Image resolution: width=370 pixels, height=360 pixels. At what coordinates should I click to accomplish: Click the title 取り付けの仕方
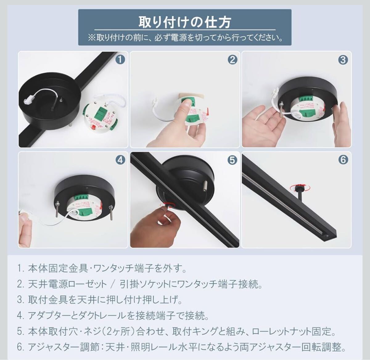(x=185, y=22)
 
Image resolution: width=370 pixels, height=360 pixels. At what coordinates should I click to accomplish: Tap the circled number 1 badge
(x=120, y=60)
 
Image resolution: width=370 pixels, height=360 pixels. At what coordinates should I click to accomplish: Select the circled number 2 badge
(x=232, y=60)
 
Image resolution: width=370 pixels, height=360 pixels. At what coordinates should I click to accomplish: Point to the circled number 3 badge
(x=343, y=60)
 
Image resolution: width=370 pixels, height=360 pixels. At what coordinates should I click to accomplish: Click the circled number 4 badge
(x=121, y=160)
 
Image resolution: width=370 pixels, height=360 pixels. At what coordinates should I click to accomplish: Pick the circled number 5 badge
(x=232, y=160)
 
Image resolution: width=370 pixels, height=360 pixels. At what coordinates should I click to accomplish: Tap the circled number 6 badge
(x=343, y=159)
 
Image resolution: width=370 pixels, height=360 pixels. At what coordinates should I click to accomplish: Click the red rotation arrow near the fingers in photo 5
(x=167, y=205)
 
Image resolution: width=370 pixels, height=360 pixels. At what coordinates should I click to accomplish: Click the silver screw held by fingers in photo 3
(x=281, y=111)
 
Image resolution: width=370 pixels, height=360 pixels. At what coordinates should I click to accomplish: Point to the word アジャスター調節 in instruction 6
(x=65, y=347)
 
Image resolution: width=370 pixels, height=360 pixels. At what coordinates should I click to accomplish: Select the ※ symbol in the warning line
(x=92, y=38)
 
